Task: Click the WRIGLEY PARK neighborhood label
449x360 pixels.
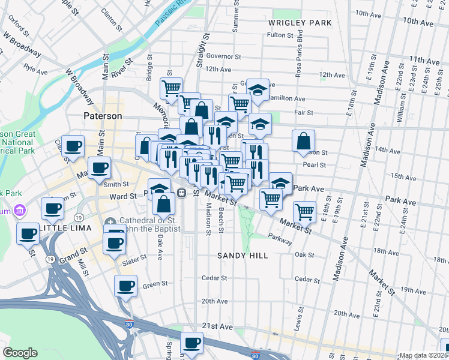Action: click(300, 23)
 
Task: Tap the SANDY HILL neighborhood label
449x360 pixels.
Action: click(242, 256)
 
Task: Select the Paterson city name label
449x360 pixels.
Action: click(103, 116)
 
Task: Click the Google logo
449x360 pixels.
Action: click(20, 352)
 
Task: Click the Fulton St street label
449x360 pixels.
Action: click(280, 35)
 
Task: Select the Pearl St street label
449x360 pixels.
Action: click(314, 165)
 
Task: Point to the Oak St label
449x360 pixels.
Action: click(304, 254)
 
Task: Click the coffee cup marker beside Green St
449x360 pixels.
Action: click(125, 286)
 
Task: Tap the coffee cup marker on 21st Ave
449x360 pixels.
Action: click(191, 343)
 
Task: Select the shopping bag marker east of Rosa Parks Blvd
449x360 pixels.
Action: click(304, 141)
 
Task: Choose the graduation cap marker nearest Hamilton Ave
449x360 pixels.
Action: click(258, 90)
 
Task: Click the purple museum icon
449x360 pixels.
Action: click(20, 211)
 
